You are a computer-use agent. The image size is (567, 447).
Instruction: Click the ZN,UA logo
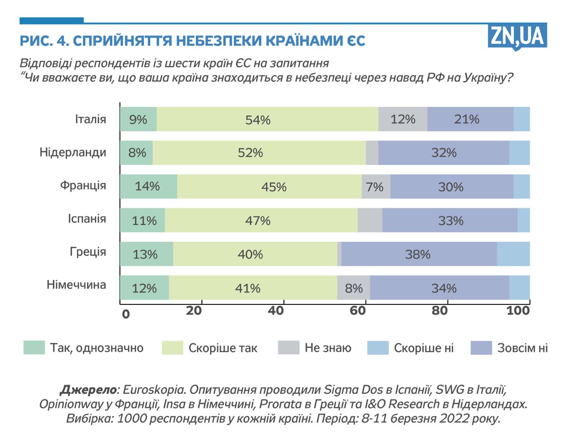[x=517, y=36]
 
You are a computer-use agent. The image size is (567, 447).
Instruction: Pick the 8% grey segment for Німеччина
[x=353, y=288]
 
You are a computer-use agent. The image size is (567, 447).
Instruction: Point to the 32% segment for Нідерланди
[x=443, y=153]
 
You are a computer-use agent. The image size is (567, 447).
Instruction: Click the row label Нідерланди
[x=73, y=152]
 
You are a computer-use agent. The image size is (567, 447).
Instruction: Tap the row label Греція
[x=88, y=252]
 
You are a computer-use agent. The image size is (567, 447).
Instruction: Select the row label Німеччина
[x=76, y=284]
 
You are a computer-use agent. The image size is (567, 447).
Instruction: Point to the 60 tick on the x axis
[x=357, y=311]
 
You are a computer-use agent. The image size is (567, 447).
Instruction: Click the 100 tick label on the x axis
[x=518, y=311]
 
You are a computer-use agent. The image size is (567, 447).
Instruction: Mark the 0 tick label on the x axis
[x=126, y=314]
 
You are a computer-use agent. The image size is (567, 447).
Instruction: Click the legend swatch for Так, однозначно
[x=34, y=348]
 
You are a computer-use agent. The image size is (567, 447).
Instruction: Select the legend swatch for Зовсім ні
[x=481, y=348]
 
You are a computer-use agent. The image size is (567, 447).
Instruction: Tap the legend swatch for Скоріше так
[x=172, y=348]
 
